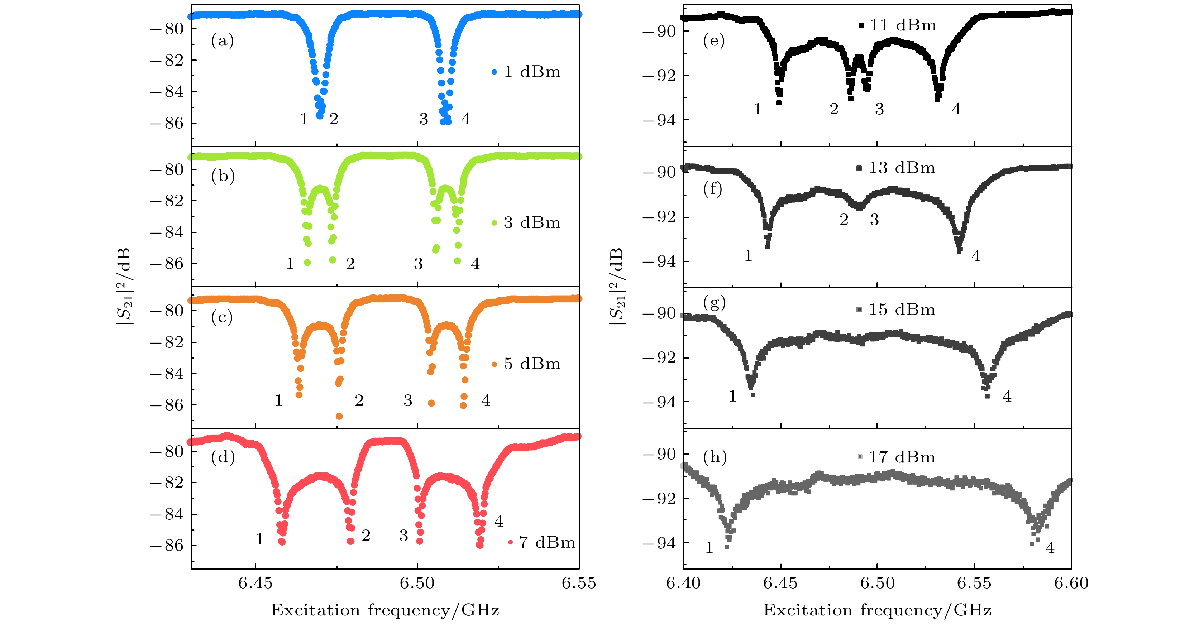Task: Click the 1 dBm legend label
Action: [532, 72]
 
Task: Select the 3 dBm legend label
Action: [532, 222]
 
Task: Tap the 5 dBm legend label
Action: [532, 364]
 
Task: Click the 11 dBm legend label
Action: [903, 25]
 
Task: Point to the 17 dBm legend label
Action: [902, 457]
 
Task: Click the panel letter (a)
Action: [223, 41]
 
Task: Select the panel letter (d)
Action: [223, 457]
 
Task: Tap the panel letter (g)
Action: [715, 303]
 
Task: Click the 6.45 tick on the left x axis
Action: [255, 583]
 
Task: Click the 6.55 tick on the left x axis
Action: [579, 583]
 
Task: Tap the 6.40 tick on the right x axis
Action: [683, 583]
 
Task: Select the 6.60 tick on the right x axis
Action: [1071, 583]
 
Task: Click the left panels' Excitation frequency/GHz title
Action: [385, 610]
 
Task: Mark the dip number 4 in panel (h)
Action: [1050, 548]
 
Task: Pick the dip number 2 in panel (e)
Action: [833, 109]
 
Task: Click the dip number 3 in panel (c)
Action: [408, 400]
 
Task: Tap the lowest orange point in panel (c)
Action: [339, 416]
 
